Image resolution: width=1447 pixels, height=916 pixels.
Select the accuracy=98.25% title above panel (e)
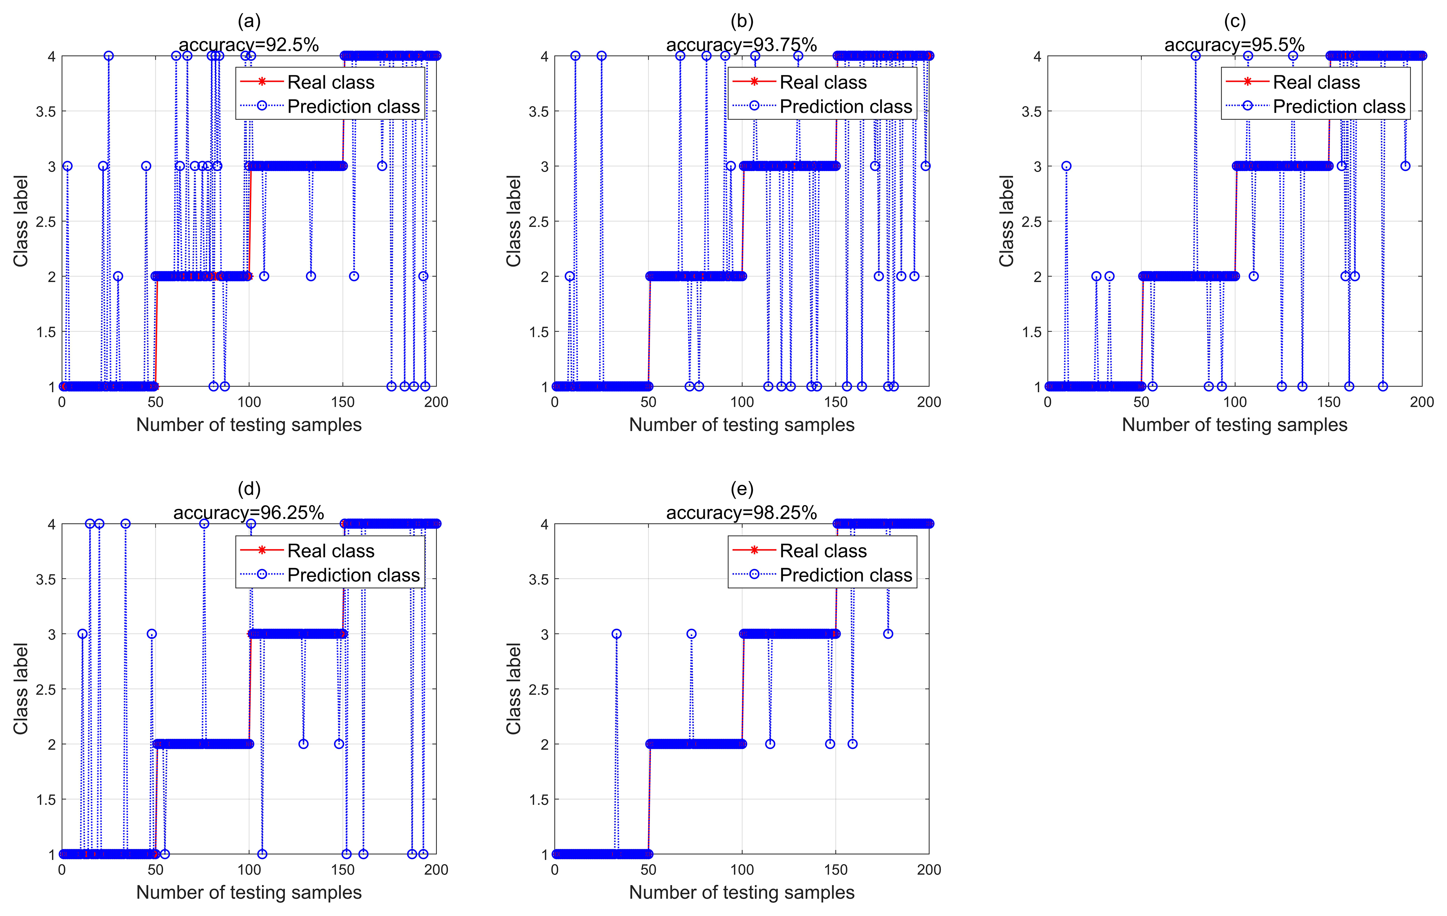(x=742, y=513)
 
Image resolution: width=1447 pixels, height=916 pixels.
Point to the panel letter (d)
(x=249, y=489)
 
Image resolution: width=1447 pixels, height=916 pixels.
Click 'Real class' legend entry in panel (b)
(x=823, y=82)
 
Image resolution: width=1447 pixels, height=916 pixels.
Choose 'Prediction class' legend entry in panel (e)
(x=845, y=575)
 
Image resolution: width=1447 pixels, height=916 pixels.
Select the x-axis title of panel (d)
(x=249, y=893)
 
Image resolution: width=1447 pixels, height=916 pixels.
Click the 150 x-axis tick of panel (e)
(x=835, y=870)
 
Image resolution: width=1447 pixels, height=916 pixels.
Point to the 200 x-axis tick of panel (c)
(x=1422, y=402)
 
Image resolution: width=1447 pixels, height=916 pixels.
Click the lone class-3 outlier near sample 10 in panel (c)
(x=1066, y=166)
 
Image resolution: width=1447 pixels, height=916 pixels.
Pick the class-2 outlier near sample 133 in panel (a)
(x=311, y=276)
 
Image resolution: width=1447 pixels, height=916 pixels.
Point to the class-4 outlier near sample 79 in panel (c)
(x=1196, y=56)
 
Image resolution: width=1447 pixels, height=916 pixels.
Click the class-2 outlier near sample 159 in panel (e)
(x=852, y=744)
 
